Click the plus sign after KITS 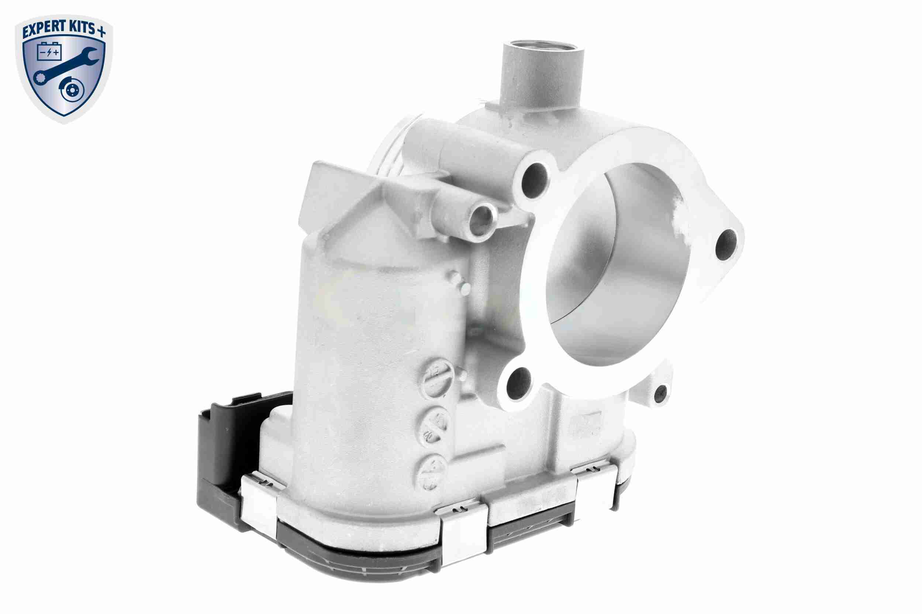(101, 32)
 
